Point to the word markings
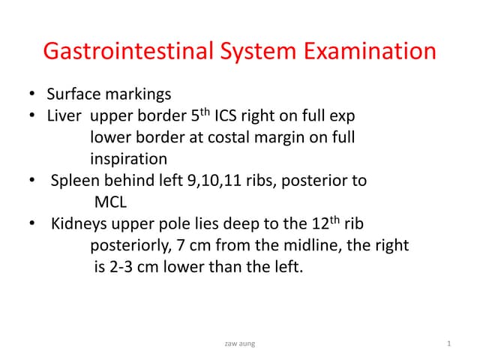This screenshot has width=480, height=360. [136, 95]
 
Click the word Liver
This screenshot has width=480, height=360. [62, 116]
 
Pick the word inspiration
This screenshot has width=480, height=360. [128, 160]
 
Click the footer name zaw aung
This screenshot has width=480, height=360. [239, 343]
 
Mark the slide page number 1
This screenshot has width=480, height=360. [448, 343]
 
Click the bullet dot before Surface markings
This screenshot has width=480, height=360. [32, 95]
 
